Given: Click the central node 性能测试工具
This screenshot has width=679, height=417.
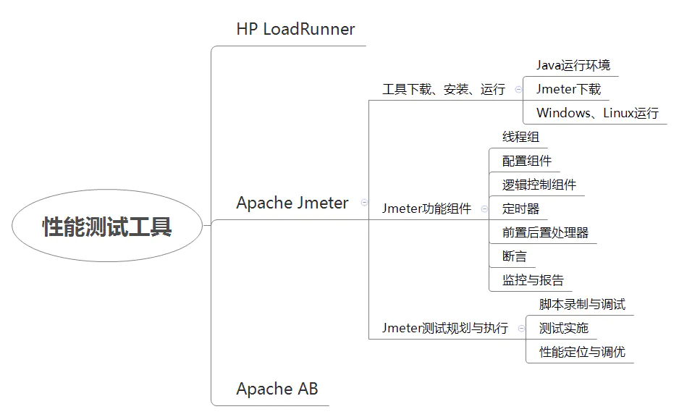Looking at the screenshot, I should pos(107,227).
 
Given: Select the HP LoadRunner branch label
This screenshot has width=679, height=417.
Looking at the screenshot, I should pos(295,29).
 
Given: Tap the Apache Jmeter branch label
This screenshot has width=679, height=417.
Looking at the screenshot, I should pos(292,203).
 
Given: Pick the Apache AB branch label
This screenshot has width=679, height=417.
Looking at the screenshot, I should pos(277,389).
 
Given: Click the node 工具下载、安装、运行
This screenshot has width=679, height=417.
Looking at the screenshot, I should pos(443,89).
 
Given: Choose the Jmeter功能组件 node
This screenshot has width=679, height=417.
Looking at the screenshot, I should pos(426,209).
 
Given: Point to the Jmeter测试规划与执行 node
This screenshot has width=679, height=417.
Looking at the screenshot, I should pos(444,328).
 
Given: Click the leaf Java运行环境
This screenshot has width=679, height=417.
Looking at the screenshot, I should pos(573,65).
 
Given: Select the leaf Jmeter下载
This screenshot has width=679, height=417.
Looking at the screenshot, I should pos(568,89).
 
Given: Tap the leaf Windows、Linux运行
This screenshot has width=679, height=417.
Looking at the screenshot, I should pos(597,113).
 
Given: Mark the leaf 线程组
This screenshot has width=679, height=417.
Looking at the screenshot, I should pos(520,137).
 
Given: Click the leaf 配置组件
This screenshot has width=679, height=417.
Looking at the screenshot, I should pos(526,161).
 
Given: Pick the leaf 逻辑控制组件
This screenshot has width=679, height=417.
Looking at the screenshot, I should pos(539,185).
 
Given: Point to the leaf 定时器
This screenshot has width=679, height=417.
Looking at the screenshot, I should pos(520,208).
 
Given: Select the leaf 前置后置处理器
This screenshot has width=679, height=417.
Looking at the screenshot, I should pos(545,232).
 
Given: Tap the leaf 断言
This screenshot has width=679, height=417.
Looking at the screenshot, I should pos(514,256).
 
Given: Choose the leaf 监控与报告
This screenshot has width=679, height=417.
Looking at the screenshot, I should pos(533,280).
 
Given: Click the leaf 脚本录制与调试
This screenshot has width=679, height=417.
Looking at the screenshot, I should pos(582,304).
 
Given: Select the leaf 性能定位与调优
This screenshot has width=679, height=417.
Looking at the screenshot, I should pos(582,352).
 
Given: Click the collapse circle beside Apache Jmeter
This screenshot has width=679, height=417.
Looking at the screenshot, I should pos(363,203).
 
